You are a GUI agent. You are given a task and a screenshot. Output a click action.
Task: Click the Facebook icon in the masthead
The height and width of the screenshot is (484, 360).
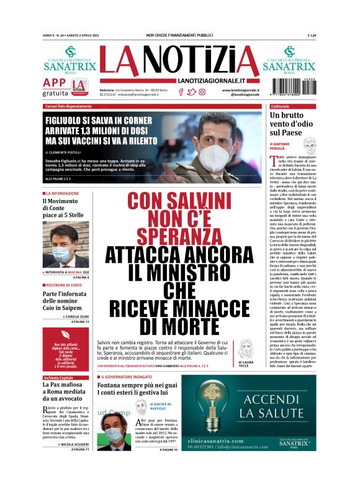181,92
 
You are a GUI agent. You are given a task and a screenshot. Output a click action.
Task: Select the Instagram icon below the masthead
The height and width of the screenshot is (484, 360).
202,92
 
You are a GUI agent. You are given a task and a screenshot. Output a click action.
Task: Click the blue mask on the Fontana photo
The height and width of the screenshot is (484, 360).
114,434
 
